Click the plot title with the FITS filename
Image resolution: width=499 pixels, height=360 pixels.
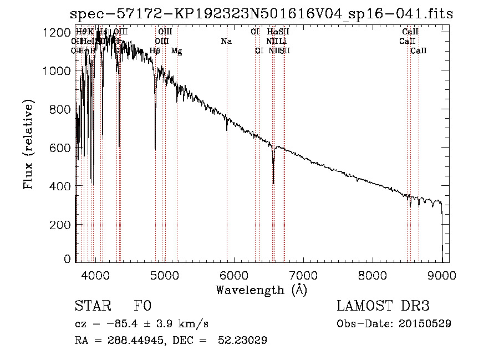(262, 14)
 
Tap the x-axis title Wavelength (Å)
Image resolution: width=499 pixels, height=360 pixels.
(261, 290)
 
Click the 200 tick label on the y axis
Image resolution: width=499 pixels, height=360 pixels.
(61, 225)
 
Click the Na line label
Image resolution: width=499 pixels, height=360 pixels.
(226, 42)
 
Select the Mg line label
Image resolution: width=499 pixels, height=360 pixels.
(176, 51)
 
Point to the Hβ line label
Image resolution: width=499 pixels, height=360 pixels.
(155, 51)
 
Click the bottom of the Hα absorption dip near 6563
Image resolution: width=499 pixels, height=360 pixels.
(273, 182)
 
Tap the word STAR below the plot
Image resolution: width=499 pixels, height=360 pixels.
(93, 307)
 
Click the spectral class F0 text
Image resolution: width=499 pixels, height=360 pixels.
(142, 307)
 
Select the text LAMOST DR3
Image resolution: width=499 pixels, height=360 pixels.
(383, 307)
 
